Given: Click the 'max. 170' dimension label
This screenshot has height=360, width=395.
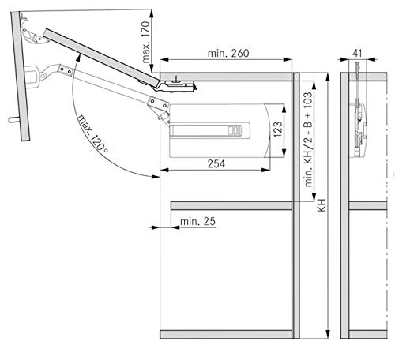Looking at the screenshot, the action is tap(145, 42).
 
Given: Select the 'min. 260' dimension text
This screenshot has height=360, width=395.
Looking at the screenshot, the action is tap(228, 54).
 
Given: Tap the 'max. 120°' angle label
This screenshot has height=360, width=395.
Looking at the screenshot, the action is tap(92, 133).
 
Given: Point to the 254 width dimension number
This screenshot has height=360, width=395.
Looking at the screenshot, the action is tap(216, 163).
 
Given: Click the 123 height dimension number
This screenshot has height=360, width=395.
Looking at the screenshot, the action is tap(278, 129).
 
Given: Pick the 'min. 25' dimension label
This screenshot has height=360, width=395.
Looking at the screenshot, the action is tap(197, 221).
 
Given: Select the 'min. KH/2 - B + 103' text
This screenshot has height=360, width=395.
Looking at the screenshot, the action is tap(308, 140).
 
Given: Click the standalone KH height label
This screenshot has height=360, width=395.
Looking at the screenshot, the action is tap(322, 205).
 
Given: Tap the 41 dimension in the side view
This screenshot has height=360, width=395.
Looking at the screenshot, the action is tap(357, 54).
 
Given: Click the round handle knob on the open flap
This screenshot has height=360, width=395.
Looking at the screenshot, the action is tap(13, 120).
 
